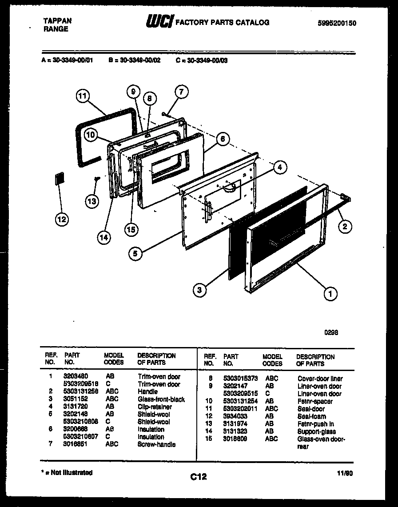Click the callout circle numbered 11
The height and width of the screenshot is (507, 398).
(x=83, y=96)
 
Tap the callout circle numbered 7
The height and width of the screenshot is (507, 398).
(x=181, y=92)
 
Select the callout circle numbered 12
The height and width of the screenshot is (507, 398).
(x=63, y=219)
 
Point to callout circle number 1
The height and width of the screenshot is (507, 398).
(x=330, y=293)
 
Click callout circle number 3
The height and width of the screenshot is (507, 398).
(x=200, y=290)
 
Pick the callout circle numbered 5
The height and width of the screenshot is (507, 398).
(x=136, y=254)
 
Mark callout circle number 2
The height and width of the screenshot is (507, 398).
(x=344, y=227)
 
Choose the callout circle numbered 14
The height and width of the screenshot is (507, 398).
(x=103, y=237)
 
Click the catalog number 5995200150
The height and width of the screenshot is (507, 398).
(x=337, y=24)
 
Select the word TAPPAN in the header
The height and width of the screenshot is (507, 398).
(x=57, y=21)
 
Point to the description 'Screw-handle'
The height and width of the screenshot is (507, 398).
(x=156, y=444)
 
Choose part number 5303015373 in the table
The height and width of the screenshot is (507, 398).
(x=240, y=379)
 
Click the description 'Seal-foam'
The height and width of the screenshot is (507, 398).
(x=311, y=416)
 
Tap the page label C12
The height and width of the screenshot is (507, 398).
(x=199, y=477)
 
